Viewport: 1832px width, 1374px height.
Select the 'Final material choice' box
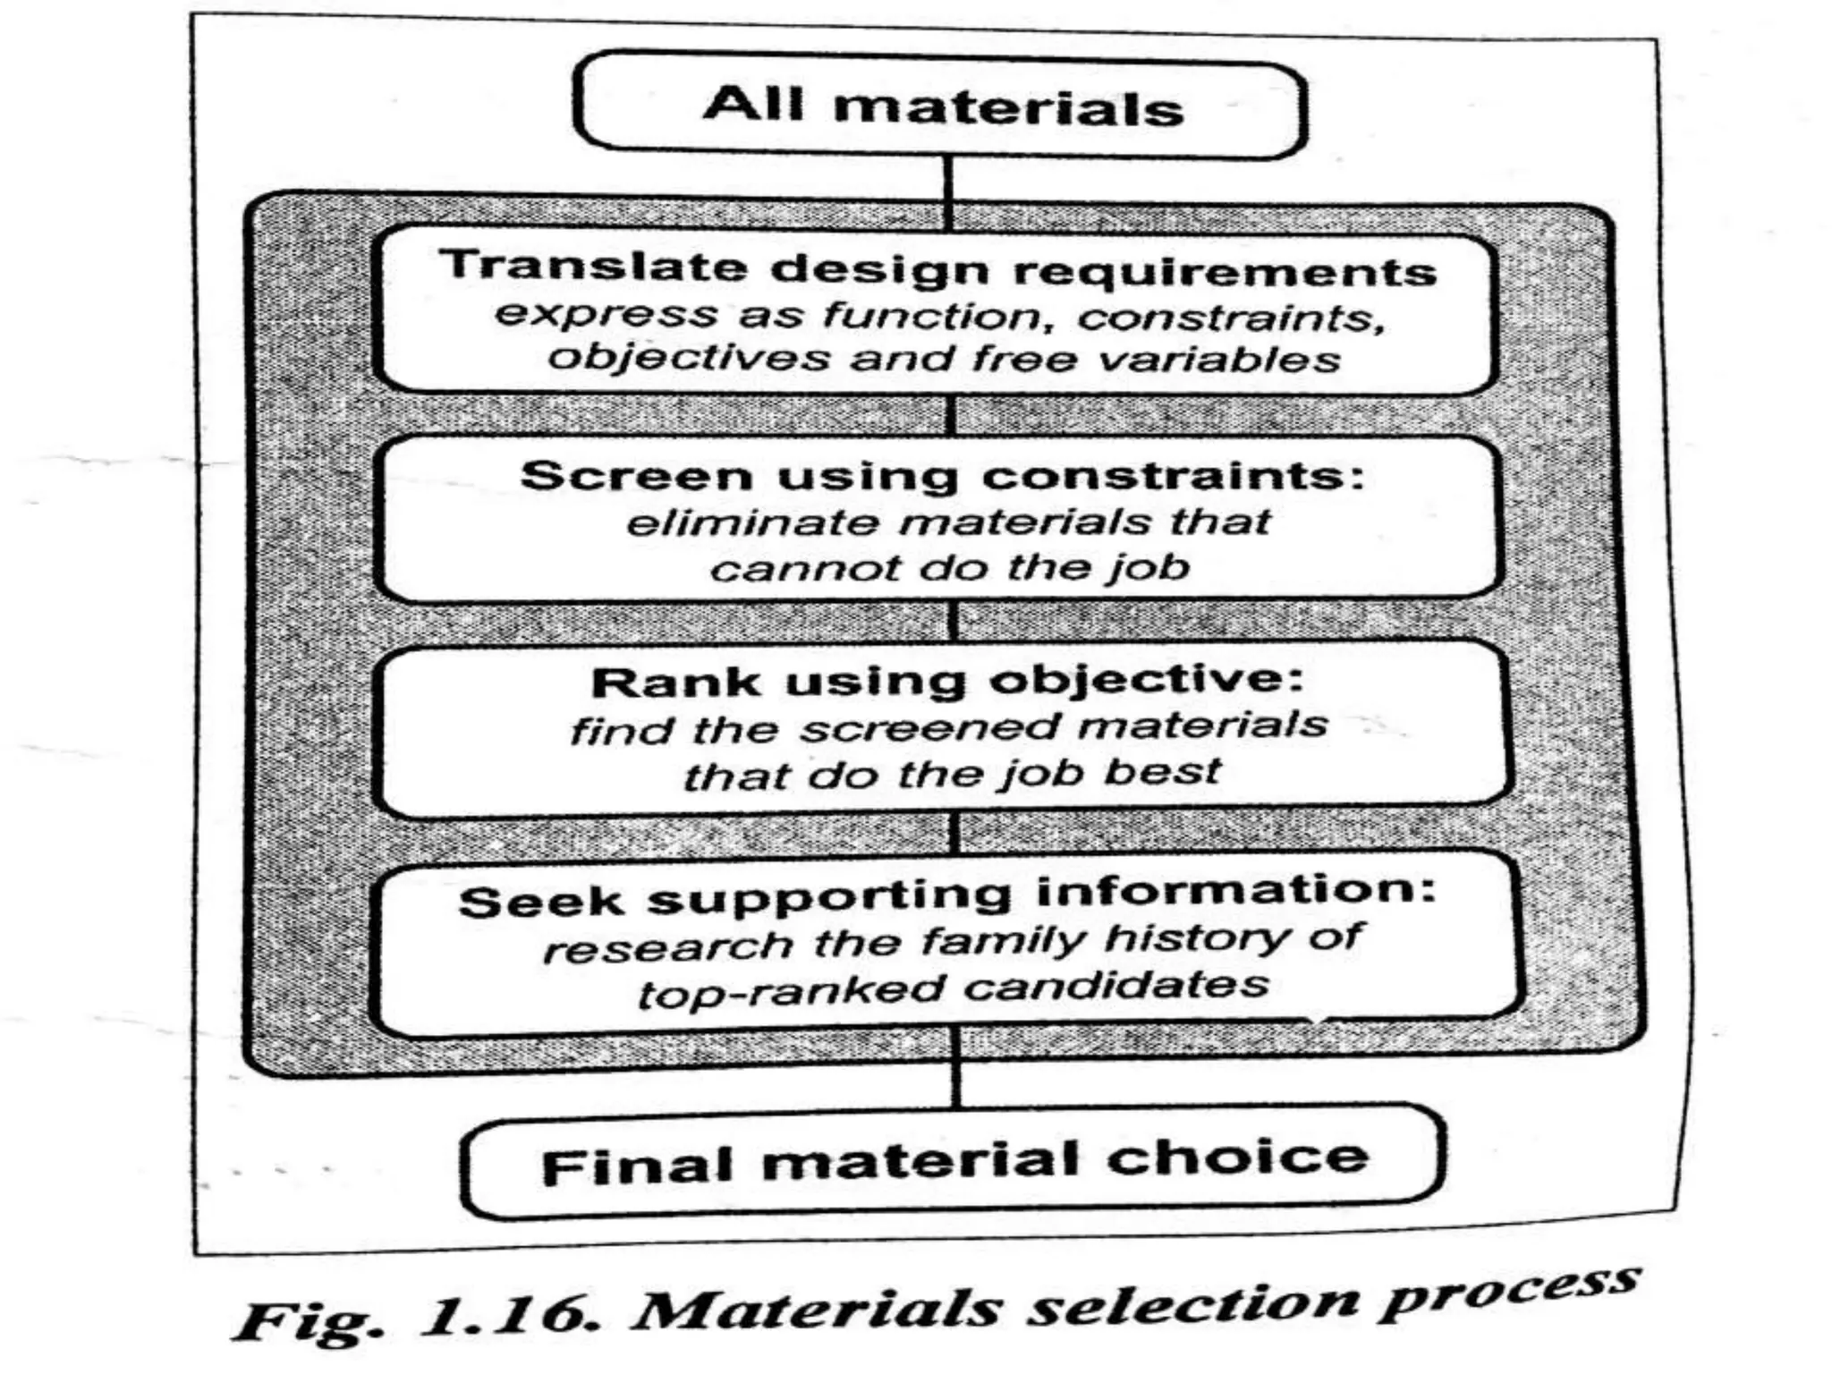[954, 1162]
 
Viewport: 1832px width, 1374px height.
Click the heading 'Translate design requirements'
[937, 267]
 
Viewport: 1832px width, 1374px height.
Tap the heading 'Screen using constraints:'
[942, 475]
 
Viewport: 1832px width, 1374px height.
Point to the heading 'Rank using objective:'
[947, 682]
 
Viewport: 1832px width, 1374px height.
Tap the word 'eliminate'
[752, 522]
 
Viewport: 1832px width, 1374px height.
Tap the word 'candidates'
[1118, 986]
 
